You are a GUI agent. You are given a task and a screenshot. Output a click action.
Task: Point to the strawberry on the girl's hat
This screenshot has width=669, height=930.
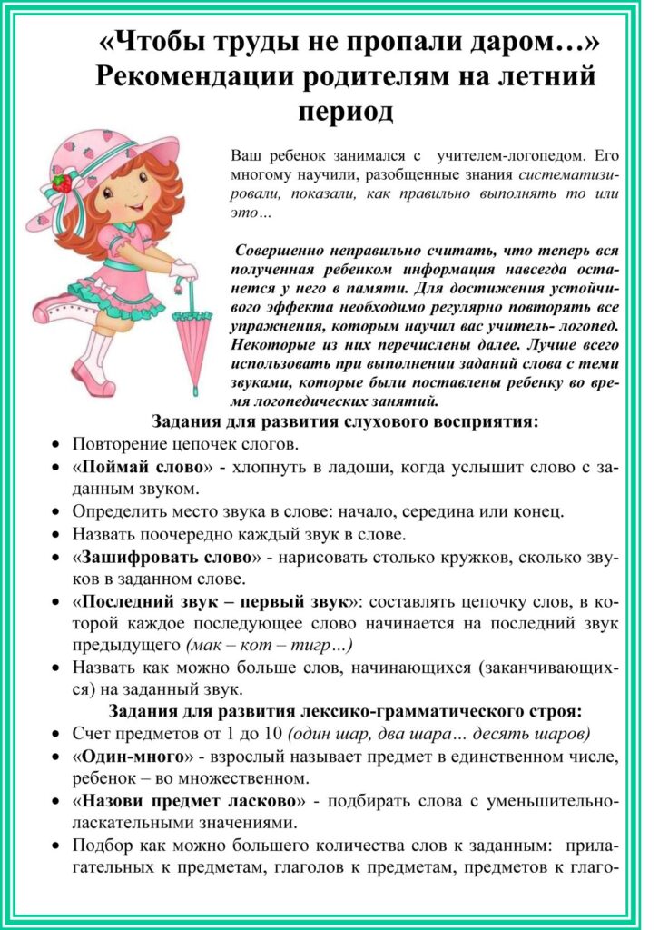tap(62, 182)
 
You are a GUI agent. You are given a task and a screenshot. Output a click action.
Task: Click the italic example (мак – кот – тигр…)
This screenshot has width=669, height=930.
tap(269, 646)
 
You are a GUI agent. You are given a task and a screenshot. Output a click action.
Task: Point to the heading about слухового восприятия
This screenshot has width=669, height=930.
tap(345, 422)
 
